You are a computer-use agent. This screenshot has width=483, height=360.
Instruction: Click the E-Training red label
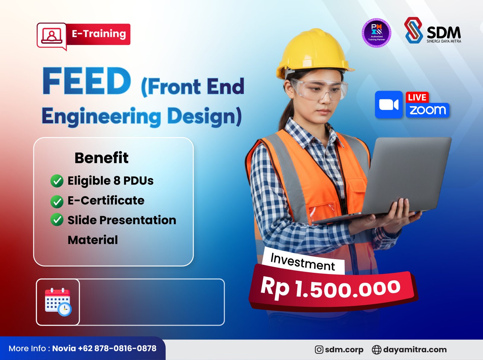pos(98,34)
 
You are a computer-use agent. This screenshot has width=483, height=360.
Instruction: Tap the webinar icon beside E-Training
pos(52,36)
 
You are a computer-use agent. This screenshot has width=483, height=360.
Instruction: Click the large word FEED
pos(87,81)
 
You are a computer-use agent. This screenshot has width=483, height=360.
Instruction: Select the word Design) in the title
pos(204,116)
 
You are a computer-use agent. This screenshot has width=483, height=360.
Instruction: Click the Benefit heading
pos(101,158)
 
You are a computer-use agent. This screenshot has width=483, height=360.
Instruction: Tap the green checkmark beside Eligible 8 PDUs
pos(57,181)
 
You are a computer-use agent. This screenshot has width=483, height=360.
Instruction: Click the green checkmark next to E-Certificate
pos(57,201)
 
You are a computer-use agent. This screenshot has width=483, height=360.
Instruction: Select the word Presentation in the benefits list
pos(138,220)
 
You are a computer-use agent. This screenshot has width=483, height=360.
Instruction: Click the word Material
pos(93,240)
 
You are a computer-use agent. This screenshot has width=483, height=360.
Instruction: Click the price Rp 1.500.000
pos(331,288)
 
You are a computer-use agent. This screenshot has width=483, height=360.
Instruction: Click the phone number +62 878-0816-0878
pos(117,348)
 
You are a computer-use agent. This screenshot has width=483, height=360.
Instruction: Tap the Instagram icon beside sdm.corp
pos(319,349)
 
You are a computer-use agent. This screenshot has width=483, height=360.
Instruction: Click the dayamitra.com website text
pos(415,349)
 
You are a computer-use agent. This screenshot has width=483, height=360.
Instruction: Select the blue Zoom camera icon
pos(389,105)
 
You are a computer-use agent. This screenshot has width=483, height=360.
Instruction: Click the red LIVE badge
pos(417,97)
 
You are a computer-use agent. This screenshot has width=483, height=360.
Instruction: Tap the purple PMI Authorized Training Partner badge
pos(376,33)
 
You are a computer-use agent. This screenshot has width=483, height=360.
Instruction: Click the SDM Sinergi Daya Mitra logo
pos(433,30)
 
